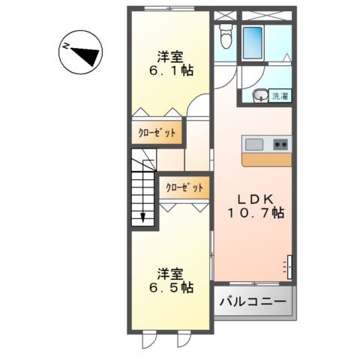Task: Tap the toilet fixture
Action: click(225, 37)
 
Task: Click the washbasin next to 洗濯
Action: click(258, 94)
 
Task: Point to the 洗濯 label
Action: click(280, 95)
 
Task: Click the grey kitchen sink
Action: click(253, 144)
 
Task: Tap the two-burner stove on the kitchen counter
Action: click(280, 144)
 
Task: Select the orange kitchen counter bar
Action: click(266, 159)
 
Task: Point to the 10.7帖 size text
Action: click(256, 213)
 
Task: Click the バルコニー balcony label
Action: click(253, 302)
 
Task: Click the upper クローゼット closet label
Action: click(157, 133)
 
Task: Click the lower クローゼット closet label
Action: click(184, 187)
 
